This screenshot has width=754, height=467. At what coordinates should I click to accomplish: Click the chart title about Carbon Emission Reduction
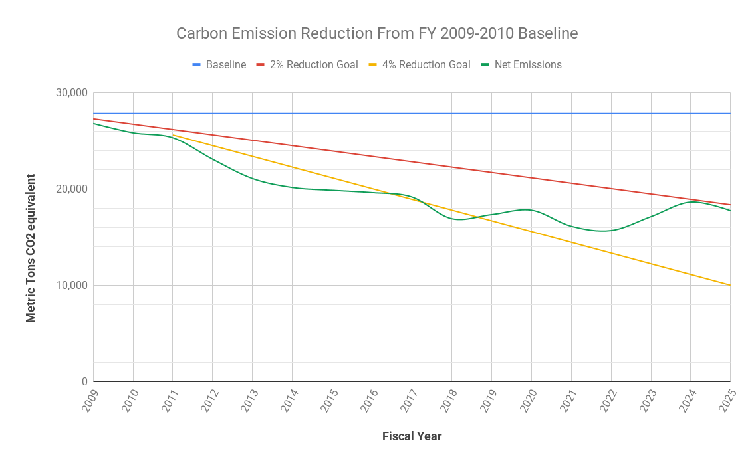click(377, 33)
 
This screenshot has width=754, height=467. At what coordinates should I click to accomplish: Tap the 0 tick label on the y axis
click(84, 382)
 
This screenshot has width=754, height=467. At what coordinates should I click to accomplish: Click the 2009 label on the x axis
click(89, 401)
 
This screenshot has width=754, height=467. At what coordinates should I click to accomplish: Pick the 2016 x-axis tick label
click(368, 401)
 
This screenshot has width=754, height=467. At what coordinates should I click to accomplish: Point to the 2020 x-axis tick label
click(527, 401)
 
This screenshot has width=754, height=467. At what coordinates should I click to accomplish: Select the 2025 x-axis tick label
click(726, 401)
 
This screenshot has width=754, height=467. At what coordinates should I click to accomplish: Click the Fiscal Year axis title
click(412, 436)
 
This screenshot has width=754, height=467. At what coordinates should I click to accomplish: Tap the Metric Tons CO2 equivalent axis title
click(31, 248)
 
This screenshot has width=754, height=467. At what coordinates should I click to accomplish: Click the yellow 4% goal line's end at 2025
click(730, 285)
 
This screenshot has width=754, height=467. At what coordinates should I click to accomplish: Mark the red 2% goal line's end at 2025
click(730, 205)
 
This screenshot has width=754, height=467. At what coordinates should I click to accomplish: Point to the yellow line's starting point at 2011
click(173, 134)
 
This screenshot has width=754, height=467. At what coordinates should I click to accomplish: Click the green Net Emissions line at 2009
click(94, 124)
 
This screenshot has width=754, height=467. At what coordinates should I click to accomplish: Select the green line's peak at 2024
click(691, 202)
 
